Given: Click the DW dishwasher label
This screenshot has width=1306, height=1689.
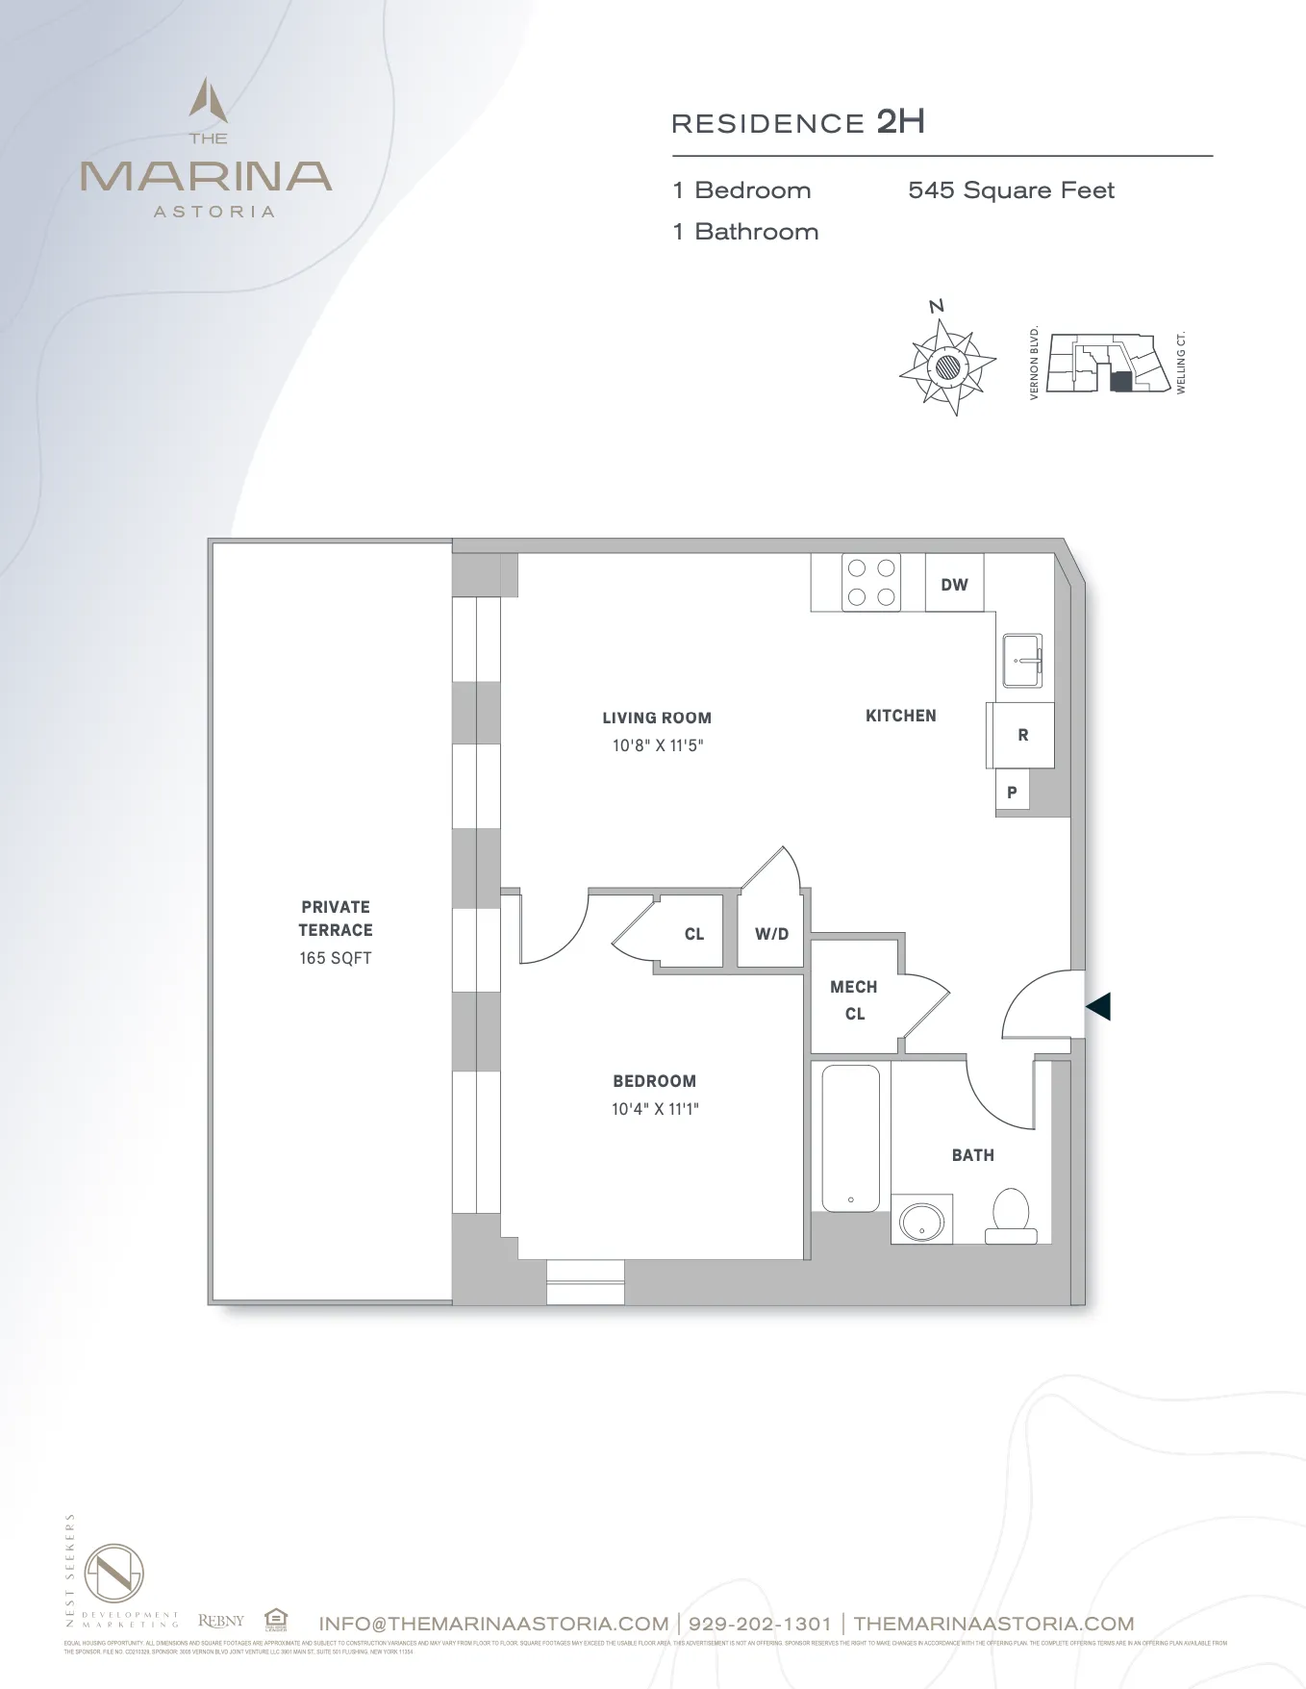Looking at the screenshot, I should click(954, 585).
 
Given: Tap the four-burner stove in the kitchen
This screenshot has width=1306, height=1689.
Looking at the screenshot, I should click(871, 583).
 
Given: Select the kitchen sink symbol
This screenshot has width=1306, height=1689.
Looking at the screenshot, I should click(1022, 661).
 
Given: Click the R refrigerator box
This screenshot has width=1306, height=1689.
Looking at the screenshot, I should click(1022, 735).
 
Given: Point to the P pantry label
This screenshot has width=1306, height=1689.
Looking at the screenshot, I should click(1012, 793).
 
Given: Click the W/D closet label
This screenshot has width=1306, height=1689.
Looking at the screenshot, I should click(771, 934).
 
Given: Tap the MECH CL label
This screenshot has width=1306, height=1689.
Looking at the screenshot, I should click(854, 1000).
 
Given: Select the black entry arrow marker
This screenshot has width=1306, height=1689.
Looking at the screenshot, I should click(1098, 1006).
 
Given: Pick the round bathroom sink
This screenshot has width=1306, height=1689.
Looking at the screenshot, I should click(922, 1221).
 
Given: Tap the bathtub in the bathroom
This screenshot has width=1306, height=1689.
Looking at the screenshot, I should click(851, 1138).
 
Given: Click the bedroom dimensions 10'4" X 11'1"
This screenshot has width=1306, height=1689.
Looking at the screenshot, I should click(655, 1109).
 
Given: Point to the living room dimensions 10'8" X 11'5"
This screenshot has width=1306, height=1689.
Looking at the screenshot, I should click(658, 745).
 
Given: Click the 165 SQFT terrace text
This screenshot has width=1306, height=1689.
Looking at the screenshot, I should click(335, 958).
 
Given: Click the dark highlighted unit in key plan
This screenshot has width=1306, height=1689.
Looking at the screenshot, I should click(1120, 382).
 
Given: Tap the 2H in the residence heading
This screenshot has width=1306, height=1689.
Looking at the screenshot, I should click(900, 122).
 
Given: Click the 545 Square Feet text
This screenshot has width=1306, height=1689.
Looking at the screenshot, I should click(1011, 190).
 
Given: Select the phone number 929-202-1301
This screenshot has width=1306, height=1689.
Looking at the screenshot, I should click(760, 1624).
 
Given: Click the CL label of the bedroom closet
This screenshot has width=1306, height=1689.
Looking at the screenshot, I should click(694, 934).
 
